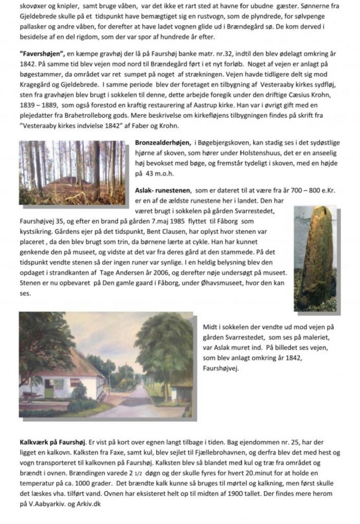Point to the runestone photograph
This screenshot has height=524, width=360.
pyautogui.click(x=315, y=258)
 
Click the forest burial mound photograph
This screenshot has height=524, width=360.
pyautogui.click(x=73, y=172)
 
